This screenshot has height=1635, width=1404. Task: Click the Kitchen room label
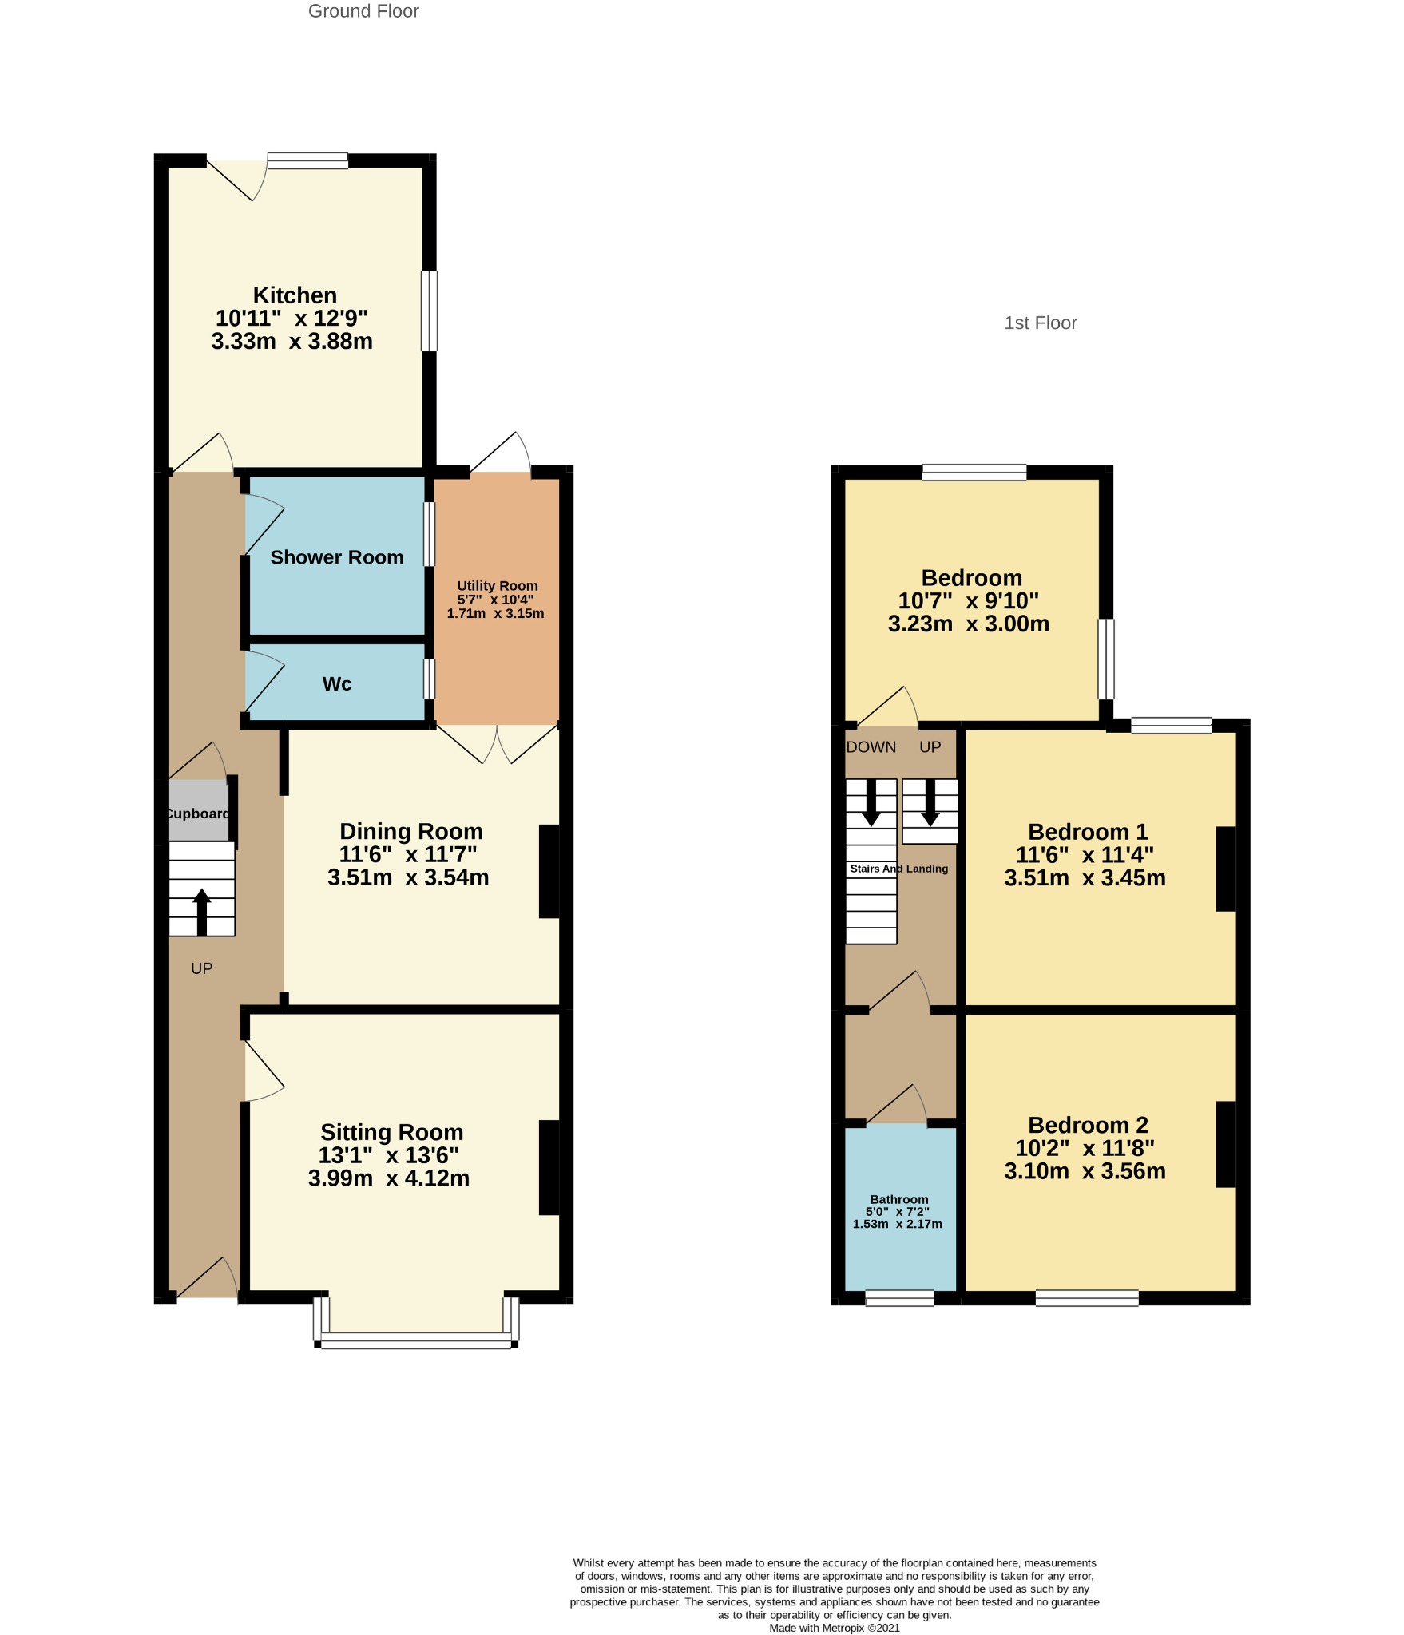pos(295,295)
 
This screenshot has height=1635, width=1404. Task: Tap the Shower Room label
pos(336,557)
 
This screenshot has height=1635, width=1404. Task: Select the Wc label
pos(336,684)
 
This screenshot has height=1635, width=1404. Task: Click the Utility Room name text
pos(497,586)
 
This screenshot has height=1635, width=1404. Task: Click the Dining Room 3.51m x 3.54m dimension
pos(408,877)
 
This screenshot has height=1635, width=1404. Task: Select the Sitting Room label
pos(391,1132)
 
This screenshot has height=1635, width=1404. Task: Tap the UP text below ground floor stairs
pos(201,968)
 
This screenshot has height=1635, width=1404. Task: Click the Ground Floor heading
pos(363,11)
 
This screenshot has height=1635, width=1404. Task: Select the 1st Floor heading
pos(1040,323)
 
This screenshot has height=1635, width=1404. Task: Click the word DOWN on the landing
pos(871,747)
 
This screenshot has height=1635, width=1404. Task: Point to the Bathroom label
pos(898,1199)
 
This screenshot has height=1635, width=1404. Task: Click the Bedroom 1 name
pos(1087,832)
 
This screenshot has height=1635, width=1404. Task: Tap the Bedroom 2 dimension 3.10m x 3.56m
pos(1085,1171)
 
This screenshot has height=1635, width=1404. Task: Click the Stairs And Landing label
pos(898,869)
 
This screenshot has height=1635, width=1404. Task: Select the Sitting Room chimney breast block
pos(549,1167)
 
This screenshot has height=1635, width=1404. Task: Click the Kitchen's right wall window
pos(430,311)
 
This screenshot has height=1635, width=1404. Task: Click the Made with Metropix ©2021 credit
pos(834,1628)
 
